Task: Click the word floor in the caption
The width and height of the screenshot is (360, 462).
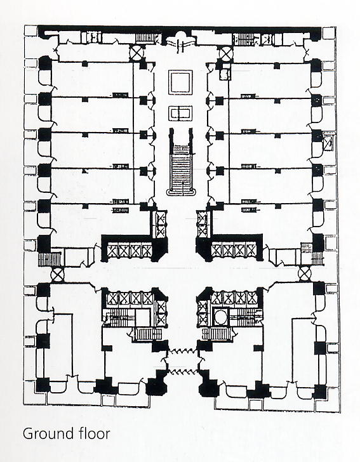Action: tap(95, 433)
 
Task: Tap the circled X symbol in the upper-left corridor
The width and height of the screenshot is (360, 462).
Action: tap(137, 53)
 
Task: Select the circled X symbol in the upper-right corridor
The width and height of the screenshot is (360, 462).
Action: tap(227, 53)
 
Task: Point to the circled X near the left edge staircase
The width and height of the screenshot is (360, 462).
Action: tap(57, 275)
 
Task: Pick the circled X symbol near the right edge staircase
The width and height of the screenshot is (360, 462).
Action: tap(305, 274)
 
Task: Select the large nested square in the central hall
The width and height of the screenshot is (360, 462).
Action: tap(180, 82)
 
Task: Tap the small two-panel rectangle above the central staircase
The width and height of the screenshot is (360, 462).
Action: tap(180, 113)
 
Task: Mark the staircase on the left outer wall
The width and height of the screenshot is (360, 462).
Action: tap(50, 260)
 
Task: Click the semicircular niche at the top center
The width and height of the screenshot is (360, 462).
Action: tap(180, 39)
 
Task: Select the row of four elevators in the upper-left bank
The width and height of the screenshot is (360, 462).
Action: tap(130, 251)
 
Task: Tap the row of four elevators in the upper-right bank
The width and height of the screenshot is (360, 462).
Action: tap(234, 250)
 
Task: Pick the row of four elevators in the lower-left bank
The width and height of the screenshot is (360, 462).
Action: tap(130, 298)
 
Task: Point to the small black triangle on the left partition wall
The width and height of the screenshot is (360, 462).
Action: tap(85, 170)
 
